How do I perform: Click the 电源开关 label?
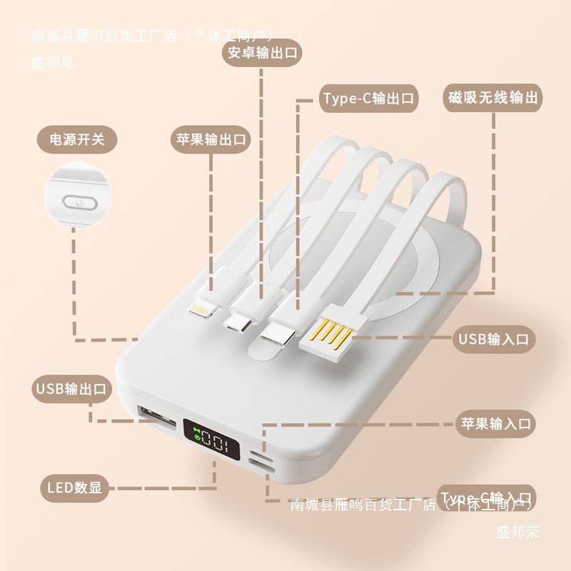click(76, 138)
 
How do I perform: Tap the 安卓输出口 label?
click(262, 53)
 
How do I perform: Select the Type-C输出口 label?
click(367, 98)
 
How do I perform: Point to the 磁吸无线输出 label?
click(492, 97)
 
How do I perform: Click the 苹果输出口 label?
click(211, 138)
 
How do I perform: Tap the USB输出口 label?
click(70, 389)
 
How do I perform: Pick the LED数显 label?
click(74, 488)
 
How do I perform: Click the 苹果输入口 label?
click(495, 424)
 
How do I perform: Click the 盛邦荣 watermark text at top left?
click(53, 62)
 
